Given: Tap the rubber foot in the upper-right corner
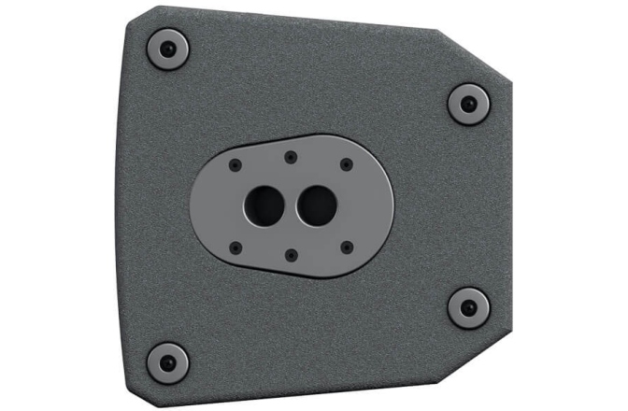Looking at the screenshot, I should pyautogui.click(x=467, y=103).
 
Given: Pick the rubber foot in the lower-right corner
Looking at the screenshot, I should pyautogui.click(x=467, y=307).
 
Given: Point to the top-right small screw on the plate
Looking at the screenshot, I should pyautogui.click(x=347, y=164).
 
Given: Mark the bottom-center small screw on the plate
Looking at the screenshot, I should pyautogui.click(x=291, y=253).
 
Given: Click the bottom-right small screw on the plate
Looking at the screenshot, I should pyautogui.click(x=347, y=247).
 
